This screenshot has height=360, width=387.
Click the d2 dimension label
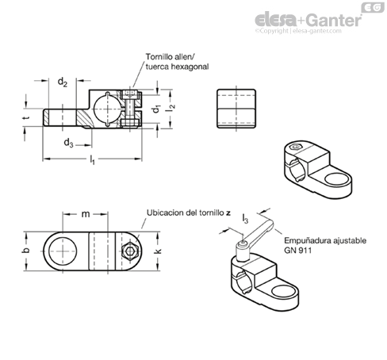(x=63, y=82)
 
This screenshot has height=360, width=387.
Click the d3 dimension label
(x=69, y=143)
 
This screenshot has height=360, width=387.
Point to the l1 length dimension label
(x=92, y=160)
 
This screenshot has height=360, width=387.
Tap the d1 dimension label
(x=157, y=109)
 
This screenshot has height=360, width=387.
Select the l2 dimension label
(x=171, y=107)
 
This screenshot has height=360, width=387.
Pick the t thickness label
(x=26, y=117)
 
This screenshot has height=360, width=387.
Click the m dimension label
(x=86, y=214)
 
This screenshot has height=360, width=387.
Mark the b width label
(x=25, y=250)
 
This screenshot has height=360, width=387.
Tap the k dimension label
(x=158, y=251)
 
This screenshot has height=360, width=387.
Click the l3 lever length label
(x=245, y=219)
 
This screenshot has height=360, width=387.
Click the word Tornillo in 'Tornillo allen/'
(x=158, y=57)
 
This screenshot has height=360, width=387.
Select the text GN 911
(x=298, y=250)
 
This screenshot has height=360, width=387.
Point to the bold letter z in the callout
(x=228, y=213)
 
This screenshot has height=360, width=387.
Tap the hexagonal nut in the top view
(x=129, y=251)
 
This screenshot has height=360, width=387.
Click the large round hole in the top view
(x=63, y=251)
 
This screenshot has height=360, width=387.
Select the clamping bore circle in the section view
(x=108, y=109)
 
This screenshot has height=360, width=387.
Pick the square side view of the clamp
(x=236, y=109)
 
